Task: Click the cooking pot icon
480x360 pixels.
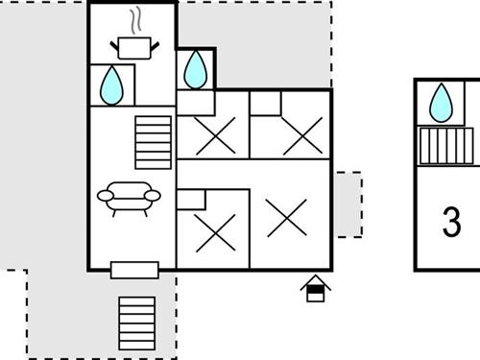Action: (x=132, y=46)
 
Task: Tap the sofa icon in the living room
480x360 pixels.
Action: (x=129, y=198)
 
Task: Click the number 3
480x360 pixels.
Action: (x=452, y=222)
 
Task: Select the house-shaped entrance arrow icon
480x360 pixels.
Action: (x=315, y=289)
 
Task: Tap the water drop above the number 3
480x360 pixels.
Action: (x=442, y=102)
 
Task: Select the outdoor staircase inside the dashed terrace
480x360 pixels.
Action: (x=136, y=322)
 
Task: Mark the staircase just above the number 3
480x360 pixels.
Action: (x=448, y=147)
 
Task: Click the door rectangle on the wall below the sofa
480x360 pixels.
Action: (x=133, y=270)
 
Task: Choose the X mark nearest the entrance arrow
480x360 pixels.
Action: (x=286, y=217)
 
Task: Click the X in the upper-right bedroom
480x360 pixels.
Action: (x=303, y=136)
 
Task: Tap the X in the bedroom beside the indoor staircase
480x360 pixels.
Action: (x=212, y=137)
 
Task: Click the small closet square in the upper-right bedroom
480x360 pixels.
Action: (x=265, y=103)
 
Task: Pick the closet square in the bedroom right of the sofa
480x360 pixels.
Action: (x=191, y=199)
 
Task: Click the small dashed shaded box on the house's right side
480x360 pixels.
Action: (x=348, y=204)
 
